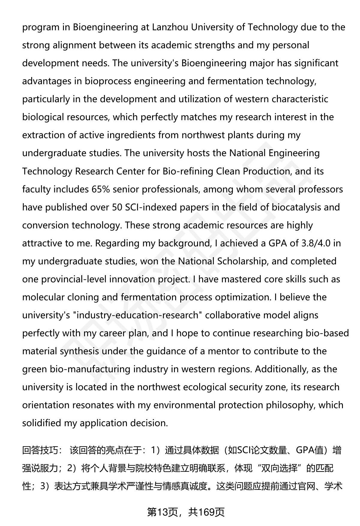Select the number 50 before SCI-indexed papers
click(117, 207)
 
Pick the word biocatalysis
click(295, 207)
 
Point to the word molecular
click(43, 297)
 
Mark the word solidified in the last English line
click(42, 423)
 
